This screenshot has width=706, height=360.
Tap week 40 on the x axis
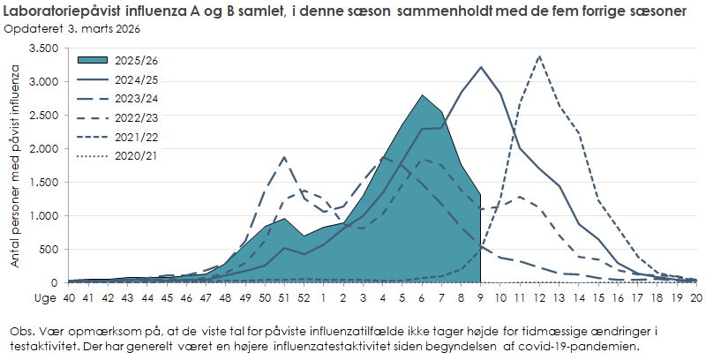(x=69, y=298)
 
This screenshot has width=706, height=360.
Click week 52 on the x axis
(x=304, y=298)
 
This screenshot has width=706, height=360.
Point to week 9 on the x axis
(x=481, y=298)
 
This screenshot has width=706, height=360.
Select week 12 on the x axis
(x=539, y=298)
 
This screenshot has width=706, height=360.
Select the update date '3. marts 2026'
(x=101, y=28)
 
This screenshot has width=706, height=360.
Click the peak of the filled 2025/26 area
(x=423, y=95)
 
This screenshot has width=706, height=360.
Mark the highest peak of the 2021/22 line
(x=539, y=56)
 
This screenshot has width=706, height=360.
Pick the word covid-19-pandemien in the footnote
(x=578, y=346)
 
